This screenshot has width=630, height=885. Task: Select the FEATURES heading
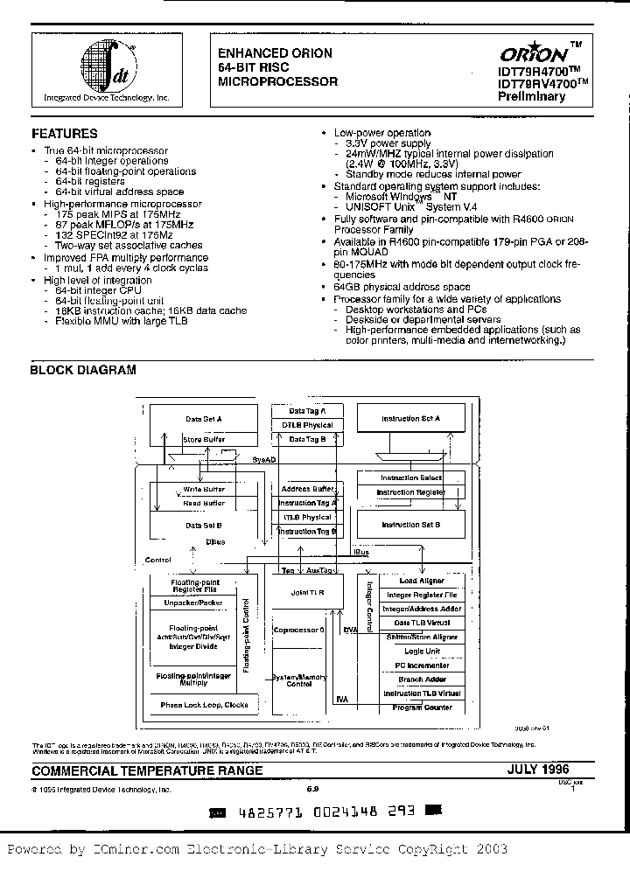[x=64, y=134]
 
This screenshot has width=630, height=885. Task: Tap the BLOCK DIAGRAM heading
[x=83, y=370]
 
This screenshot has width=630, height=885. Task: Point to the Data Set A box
[x=203, y=419]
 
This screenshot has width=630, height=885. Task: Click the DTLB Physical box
[x=306, y=424]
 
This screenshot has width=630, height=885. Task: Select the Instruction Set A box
[x=410, y=419]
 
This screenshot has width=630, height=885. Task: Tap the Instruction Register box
[x=410, y=492]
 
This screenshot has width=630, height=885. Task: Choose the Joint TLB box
[x=307, y=592]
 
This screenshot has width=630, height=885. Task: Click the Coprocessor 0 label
[x=298, y=630]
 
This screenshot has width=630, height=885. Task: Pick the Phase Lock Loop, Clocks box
[x=204, y=705]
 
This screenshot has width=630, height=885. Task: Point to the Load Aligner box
[x=422, y=581]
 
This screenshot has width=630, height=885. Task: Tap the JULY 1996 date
[x=537, y=770]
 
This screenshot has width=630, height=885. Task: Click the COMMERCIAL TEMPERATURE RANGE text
[x=147, y=771]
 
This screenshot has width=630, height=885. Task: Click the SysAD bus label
[x=265, y=458]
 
